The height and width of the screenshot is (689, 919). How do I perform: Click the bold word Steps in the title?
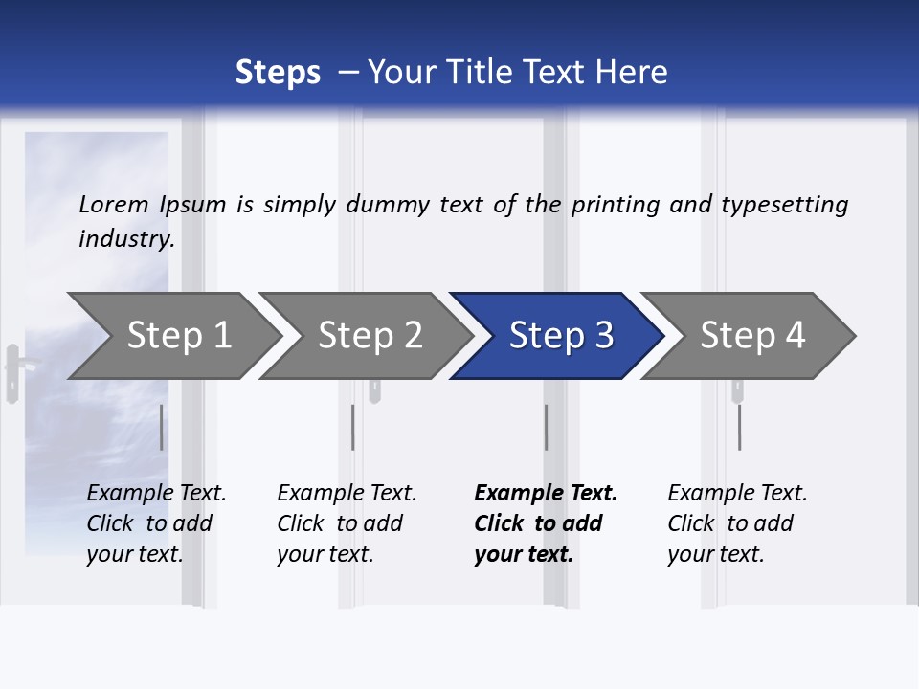pos(278,73)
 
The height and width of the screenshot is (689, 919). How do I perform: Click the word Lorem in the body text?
pos(114,204)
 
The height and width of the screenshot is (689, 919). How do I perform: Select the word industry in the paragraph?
pos(125,238)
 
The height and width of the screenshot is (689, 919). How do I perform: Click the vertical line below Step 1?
pos(161,427)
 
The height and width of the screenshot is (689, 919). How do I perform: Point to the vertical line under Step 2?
pos(352,427)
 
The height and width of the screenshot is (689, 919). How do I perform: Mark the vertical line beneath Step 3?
pos(546,427)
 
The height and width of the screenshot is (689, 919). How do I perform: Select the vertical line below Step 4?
pos(739,427)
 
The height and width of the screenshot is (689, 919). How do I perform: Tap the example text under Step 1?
pos(155,523)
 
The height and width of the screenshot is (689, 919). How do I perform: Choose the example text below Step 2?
pos(346,523)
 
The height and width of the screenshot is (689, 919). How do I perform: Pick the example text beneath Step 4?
pos(736,523)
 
